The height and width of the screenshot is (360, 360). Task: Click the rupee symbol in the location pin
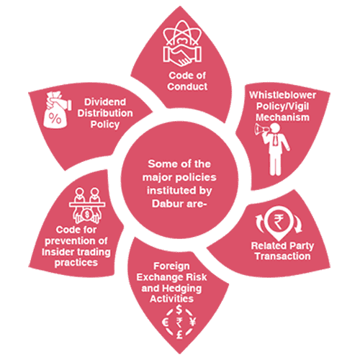click(x=279, y=222)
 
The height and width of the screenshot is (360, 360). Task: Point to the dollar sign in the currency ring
click(x=179, y=310)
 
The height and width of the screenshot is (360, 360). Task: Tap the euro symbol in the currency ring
click(x=166, y=323)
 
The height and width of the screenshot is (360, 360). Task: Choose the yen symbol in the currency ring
click(x=193, y=322)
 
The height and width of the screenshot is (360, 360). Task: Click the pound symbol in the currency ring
click(x=179, y=335)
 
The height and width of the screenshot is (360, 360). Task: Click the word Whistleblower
click(x=282, y=95)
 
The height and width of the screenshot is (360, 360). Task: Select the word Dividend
click(x=105, y=102)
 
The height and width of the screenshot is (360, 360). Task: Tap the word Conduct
click(x=187, y=86)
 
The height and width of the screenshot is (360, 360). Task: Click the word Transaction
click(x=282, y=256)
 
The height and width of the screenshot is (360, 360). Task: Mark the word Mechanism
click(x=282, y=117)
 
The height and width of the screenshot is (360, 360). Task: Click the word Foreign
click(x=171, y=266)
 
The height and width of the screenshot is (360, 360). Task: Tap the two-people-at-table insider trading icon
click(x=87, y=205)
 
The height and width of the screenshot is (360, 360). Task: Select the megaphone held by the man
click(x=261, y=130)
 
